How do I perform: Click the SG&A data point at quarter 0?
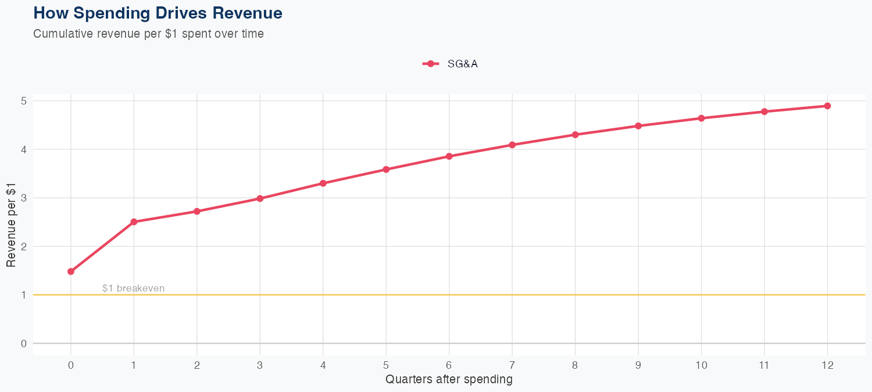71,271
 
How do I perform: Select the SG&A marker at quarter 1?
134,222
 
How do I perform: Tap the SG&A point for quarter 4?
323,184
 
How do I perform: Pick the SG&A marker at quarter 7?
512,145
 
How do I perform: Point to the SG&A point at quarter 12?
827,106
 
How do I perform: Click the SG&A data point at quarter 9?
638,126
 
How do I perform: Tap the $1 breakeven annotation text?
133,288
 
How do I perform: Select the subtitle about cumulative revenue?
149,34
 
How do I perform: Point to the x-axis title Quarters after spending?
449,380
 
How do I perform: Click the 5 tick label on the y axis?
24,101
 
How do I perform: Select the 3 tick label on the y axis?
24,198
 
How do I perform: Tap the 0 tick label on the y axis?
24,343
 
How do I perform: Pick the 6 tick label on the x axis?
449,365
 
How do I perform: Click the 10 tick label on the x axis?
701,365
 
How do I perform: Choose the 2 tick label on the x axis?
197,365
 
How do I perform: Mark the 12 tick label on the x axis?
827,365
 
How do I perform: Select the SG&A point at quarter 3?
260,199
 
